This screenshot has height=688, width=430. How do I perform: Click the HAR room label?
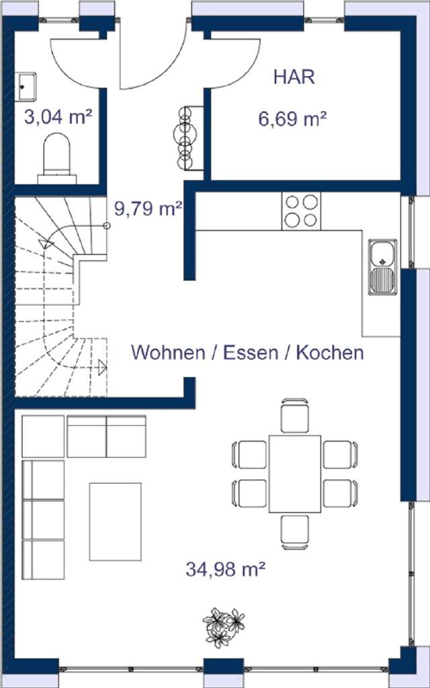294,77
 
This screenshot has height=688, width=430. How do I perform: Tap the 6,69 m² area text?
292,120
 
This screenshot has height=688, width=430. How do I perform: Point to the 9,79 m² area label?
148,209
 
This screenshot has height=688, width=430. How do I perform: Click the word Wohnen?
168,352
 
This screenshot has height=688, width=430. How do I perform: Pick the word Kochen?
330,352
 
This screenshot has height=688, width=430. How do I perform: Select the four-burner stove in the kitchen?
301,210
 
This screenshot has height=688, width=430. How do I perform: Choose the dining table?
295,474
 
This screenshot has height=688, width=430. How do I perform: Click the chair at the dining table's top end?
295,415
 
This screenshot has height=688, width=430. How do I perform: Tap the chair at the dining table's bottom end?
295,531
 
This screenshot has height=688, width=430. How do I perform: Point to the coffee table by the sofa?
116,521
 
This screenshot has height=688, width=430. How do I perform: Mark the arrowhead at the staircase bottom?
102,367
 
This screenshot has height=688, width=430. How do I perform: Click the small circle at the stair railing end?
106,226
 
